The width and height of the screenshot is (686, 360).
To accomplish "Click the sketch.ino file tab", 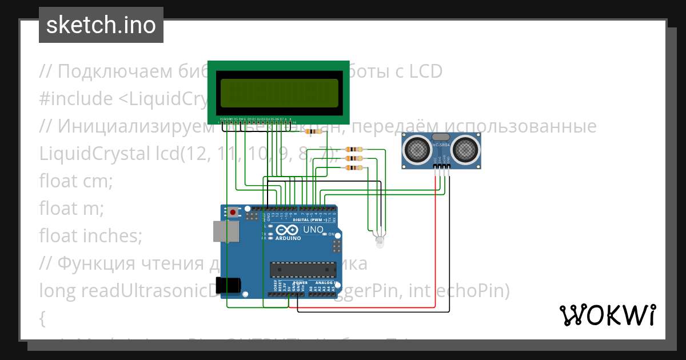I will point(101,25).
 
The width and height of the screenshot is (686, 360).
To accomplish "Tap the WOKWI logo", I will point(607,314).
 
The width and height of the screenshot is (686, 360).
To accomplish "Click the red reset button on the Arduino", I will point(233,213).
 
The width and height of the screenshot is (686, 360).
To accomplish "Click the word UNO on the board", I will point(313,229).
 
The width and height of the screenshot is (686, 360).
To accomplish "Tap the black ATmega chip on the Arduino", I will point(302,269).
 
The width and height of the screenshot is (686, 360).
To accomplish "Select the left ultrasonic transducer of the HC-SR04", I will point(417,150).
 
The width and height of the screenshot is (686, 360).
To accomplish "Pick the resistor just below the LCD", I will point(314,131).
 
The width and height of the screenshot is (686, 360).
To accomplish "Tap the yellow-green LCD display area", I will point(278,90).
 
